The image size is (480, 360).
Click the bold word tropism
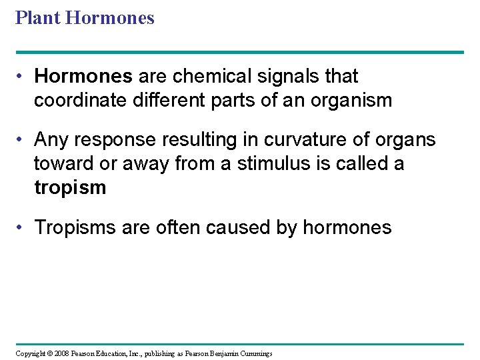tap(70, 187)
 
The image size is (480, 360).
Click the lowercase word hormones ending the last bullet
tap(347, 227)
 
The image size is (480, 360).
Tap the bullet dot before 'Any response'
tap(21, 140)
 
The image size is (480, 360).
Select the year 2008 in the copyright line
tap(61, 353)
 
